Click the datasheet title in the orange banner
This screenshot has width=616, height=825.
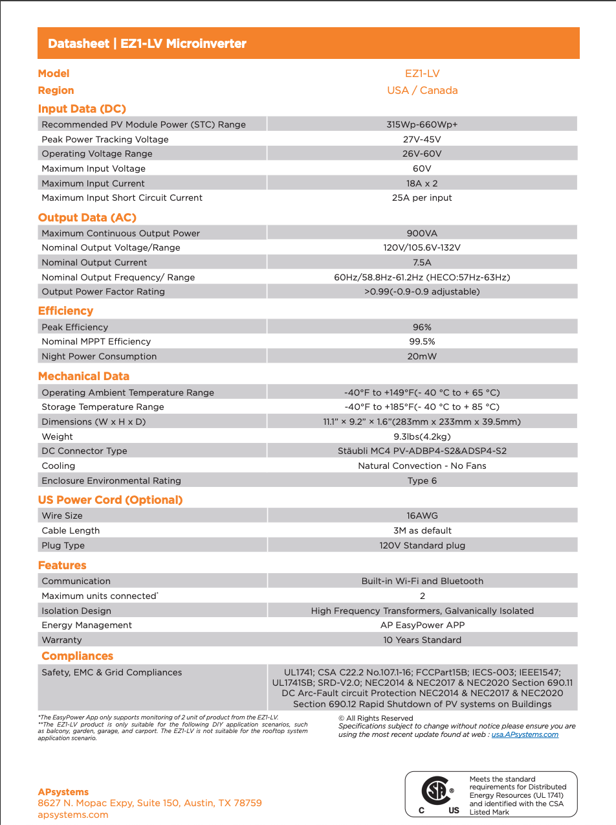[147, 44]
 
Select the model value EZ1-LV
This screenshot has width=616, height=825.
[422, 74]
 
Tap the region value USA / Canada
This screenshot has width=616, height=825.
[422, 91]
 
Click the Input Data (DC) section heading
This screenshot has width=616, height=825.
[82, 109]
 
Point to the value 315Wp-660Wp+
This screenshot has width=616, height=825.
[422, 124]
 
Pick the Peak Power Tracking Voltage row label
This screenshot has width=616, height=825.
[105, 139]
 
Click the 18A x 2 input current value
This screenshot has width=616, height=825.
[422, 183]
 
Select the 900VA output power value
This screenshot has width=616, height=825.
[422, 233]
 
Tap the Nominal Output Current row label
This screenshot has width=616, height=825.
[94, 262]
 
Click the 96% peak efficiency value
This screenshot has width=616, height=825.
[422, 327]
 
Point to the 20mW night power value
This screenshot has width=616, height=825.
[422, 356]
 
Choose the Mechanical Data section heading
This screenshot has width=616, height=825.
[83, 376]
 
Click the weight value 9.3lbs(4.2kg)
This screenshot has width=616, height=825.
[422, 436]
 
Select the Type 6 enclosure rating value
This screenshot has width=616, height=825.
[422, 480]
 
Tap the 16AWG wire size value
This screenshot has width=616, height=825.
[422, 515]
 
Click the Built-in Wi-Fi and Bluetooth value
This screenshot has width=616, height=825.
[422, 581]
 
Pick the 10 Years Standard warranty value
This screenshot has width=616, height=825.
[422, 640]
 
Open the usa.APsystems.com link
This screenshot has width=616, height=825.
[525, 734]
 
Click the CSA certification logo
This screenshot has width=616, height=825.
[433, 791]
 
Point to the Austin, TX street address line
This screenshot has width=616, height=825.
[149, 803]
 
